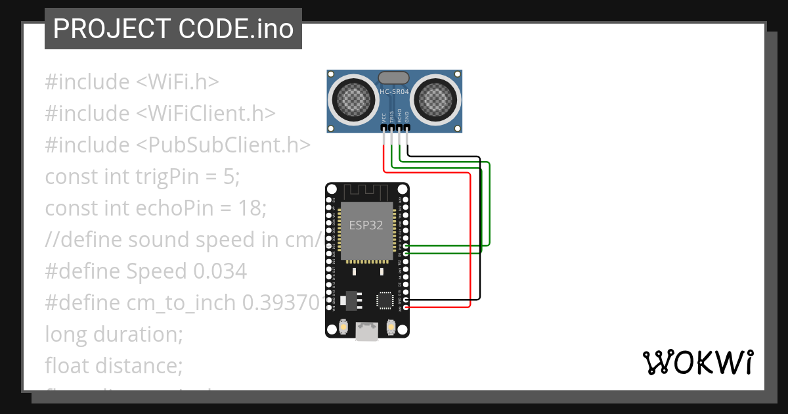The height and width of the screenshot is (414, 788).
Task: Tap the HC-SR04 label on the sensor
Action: pos(394,93)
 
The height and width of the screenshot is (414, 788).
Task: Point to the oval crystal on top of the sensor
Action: pos(394,78)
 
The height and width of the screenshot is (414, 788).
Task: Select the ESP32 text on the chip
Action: pos(366,225)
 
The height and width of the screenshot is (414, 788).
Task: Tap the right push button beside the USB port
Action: pos(391,327)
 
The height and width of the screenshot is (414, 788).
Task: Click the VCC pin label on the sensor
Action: pos(383,117)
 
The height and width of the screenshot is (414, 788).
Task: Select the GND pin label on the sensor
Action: pos(407,117)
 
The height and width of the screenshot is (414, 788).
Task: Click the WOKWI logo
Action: pos(697,362)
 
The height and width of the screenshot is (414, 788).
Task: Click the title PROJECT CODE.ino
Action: pos(173,29)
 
